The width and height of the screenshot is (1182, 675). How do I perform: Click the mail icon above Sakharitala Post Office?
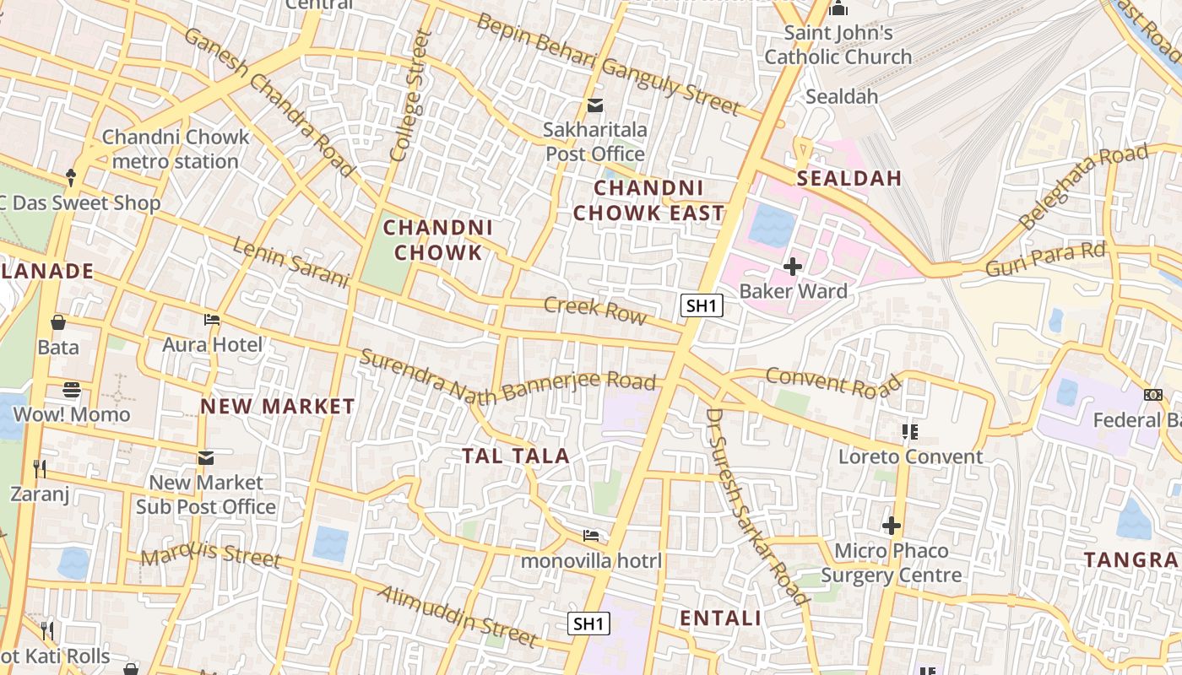click(595, 105)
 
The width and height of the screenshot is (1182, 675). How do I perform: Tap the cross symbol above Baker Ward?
click(792, 267)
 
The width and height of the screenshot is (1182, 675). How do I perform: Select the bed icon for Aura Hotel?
click(212, 320)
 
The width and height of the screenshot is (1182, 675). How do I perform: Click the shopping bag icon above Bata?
click(58, 322)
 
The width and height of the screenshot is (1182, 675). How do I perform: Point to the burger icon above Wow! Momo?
click(72, 390)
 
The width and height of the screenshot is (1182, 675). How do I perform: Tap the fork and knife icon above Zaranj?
click(40, 468)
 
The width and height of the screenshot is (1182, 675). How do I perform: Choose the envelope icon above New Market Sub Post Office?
click(205, 458)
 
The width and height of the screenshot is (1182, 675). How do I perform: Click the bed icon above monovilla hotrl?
click(591, 536)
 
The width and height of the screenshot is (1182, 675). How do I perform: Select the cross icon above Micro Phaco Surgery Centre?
click(892, 526)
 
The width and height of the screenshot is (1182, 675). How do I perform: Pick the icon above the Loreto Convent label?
click(909, 432)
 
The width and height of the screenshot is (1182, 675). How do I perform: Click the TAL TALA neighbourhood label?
click(515, 456)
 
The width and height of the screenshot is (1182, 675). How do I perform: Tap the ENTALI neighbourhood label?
click(721, 618)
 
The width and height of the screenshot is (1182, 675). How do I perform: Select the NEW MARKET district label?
click(278, 407)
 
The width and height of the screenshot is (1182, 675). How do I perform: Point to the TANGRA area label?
click(1131, 559)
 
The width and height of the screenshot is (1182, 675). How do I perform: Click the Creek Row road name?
click(595, 309)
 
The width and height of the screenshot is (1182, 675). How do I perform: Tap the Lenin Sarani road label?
click(290, 262)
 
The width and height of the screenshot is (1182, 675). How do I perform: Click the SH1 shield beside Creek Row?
click(702, 305)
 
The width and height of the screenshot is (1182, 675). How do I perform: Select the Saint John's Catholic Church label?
click(838, 46)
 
